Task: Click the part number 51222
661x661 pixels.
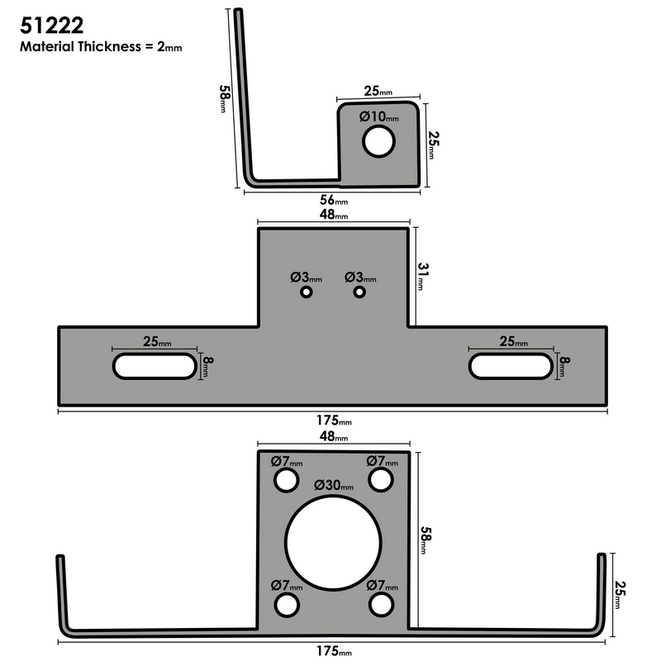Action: pyautogui.click(x=50, y=22)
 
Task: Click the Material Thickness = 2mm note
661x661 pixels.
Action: pyautogui.click(x=100, y=47)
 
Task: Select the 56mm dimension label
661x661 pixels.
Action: pyautogui.click(x=332, y=201)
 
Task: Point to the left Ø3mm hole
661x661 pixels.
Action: pyautogui.click(x=307, y=292)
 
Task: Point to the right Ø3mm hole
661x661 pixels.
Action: pyautogui.click(x=359, y=292)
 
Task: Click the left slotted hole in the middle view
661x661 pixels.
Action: pyautogui.click(x=155, y=365)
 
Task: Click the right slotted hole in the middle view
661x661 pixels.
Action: pyautogui.click(x=510, y=365)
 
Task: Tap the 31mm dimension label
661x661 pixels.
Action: pyautogui.click(x=421, y=276)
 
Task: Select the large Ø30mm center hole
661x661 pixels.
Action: pyautogui.click(x=333, y=543)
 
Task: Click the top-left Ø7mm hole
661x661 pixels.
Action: pyautogui.click(x=286, y=480)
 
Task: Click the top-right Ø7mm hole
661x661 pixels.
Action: pyautogui.click(x=380, y=480)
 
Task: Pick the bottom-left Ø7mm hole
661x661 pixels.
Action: pyautogui.click(x=286, y=605)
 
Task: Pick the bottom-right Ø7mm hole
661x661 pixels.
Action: pyautogui.click(x=380, y=605)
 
